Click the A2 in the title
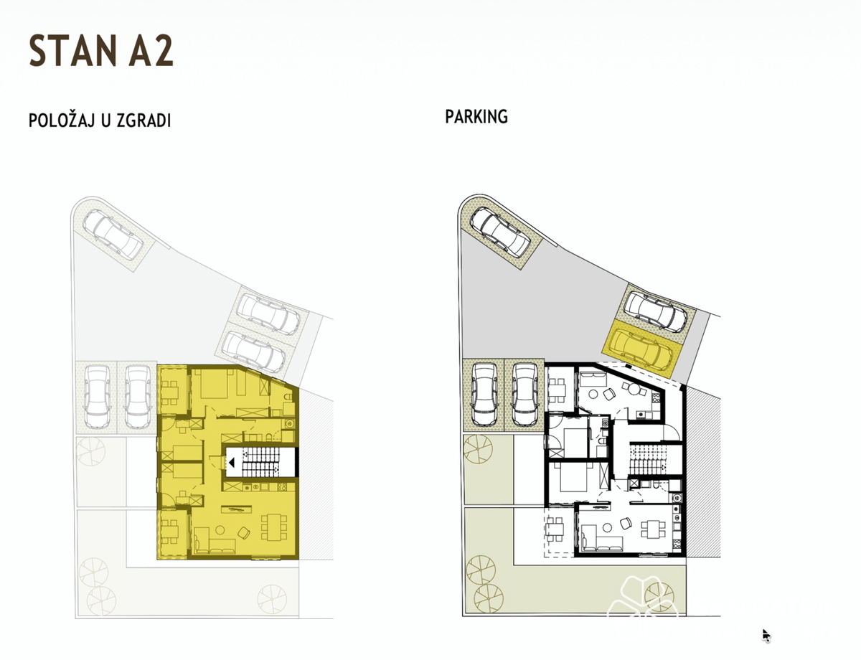coord(151,51)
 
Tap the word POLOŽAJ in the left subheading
coord(62,121)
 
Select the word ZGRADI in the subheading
coord(143,121)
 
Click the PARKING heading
coord(476,117)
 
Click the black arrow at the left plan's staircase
coord(232,462)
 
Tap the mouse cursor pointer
coord(766,635)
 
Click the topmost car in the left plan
coord(113,234)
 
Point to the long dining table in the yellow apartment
coord(274,527)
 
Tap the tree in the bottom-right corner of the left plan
coord(271,600)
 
